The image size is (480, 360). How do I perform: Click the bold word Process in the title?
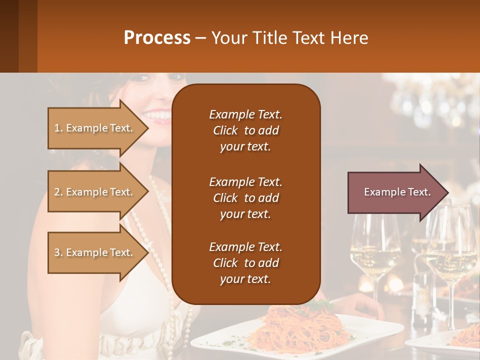(x=157, y=37)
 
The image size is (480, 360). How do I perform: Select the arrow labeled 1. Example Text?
(x=95, y=128)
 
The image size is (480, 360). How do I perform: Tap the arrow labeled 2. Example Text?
(x=95, y=192)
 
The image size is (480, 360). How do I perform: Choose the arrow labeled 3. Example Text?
(x=95, y=252)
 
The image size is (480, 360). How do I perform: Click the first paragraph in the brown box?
(x=245, y=130)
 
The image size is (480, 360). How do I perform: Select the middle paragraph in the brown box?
(x=245, y=197)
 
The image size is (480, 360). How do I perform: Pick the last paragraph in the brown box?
(x=245, y=263)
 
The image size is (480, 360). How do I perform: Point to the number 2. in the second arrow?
(x=58, y=192)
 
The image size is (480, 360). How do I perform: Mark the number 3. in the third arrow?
(x=58, y=252)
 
